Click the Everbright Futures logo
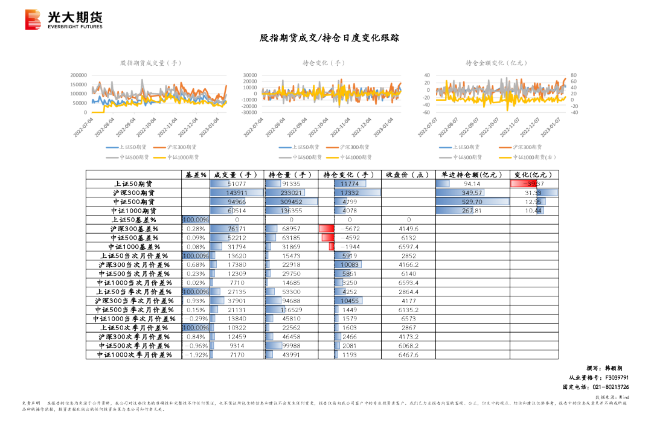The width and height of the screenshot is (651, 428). click(63, 20)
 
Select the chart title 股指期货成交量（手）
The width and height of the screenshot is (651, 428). click(150, 63)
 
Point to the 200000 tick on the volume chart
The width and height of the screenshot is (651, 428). click(79, 75)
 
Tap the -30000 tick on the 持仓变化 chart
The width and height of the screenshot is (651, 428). click(250, 112)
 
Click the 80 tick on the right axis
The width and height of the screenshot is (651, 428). click(573, 75)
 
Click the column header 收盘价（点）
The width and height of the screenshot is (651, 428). click(409, 174)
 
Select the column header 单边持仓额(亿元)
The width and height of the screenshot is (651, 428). click(472, 174)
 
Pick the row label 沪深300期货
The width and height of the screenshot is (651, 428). click(134, 193)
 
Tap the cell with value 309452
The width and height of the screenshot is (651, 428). click(292, 202)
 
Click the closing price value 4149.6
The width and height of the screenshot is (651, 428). click(409, 229)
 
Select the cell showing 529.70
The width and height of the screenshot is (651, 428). click(472, 202)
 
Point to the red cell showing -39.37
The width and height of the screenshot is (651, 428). click(533, 184)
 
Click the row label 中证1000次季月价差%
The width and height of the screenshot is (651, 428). click(134, 355)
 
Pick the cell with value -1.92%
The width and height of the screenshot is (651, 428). click(196, 355)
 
